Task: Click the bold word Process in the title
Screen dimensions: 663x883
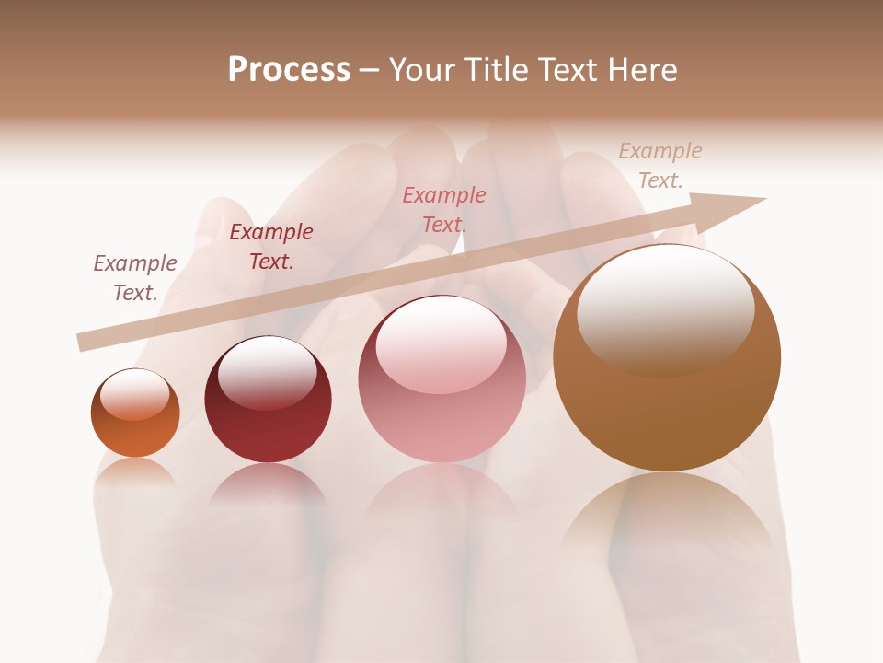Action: coord(289,70)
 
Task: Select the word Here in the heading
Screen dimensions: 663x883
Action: coord(641,70)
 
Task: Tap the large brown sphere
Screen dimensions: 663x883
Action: coord(667,405)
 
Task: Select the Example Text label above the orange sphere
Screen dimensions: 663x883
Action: coord(135,278)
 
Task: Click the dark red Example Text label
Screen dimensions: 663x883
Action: coord(271,247)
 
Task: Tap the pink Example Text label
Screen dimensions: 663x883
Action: coord(444,209)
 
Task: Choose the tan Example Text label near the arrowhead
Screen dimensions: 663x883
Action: coord(659,166)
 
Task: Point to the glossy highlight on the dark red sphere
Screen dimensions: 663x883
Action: coord(267,371)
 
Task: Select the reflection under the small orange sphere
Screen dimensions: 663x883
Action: coord(135,471)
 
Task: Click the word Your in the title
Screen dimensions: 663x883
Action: coord(424,70)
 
